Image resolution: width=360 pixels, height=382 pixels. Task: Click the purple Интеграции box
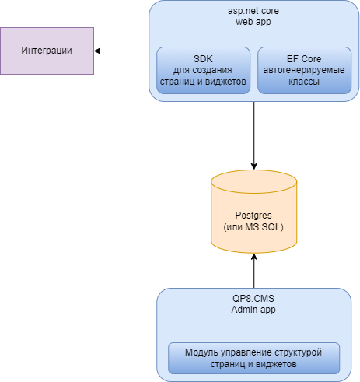(47, 51)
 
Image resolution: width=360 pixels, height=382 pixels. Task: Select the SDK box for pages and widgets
(203, 70)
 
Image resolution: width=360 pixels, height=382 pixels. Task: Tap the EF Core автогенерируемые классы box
(304, 70)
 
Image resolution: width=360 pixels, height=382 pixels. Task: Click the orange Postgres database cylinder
(253, 212)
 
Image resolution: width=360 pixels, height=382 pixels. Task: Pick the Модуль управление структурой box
(253, 358)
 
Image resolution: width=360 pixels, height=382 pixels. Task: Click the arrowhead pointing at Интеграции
(97, 51)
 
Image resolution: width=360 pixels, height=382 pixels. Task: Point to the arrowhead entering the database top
(254, 166)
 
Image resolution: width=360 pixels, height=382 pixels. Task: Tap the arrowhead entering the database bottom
(254, 257)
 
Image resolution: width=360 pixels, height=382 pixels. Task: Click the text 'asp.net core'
(253, 11)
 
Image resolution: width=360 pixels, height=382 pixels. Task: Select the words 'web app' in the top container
(253, 22)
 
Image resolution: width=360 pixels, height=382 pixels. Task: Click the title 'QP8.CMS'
(253, 299)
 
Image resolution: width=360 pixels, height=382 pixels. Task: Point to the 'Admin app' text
(253, 310)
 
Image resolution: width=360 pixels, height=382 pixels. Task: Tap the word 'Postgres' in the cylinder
(253, 216)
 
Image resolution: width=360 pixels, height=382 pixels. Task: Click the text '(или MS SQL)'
(253, 227)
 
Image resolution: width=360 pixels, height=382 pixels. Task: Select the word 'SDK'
(203, 59)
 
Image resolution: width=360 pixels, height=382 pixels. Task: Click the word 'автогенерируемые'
(304, 70)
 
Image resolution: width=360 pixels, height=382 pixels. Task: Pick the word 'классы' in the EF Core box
(304, 82)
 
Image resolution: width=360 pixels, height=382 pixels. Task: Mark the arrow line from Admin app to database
(254, 271)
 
